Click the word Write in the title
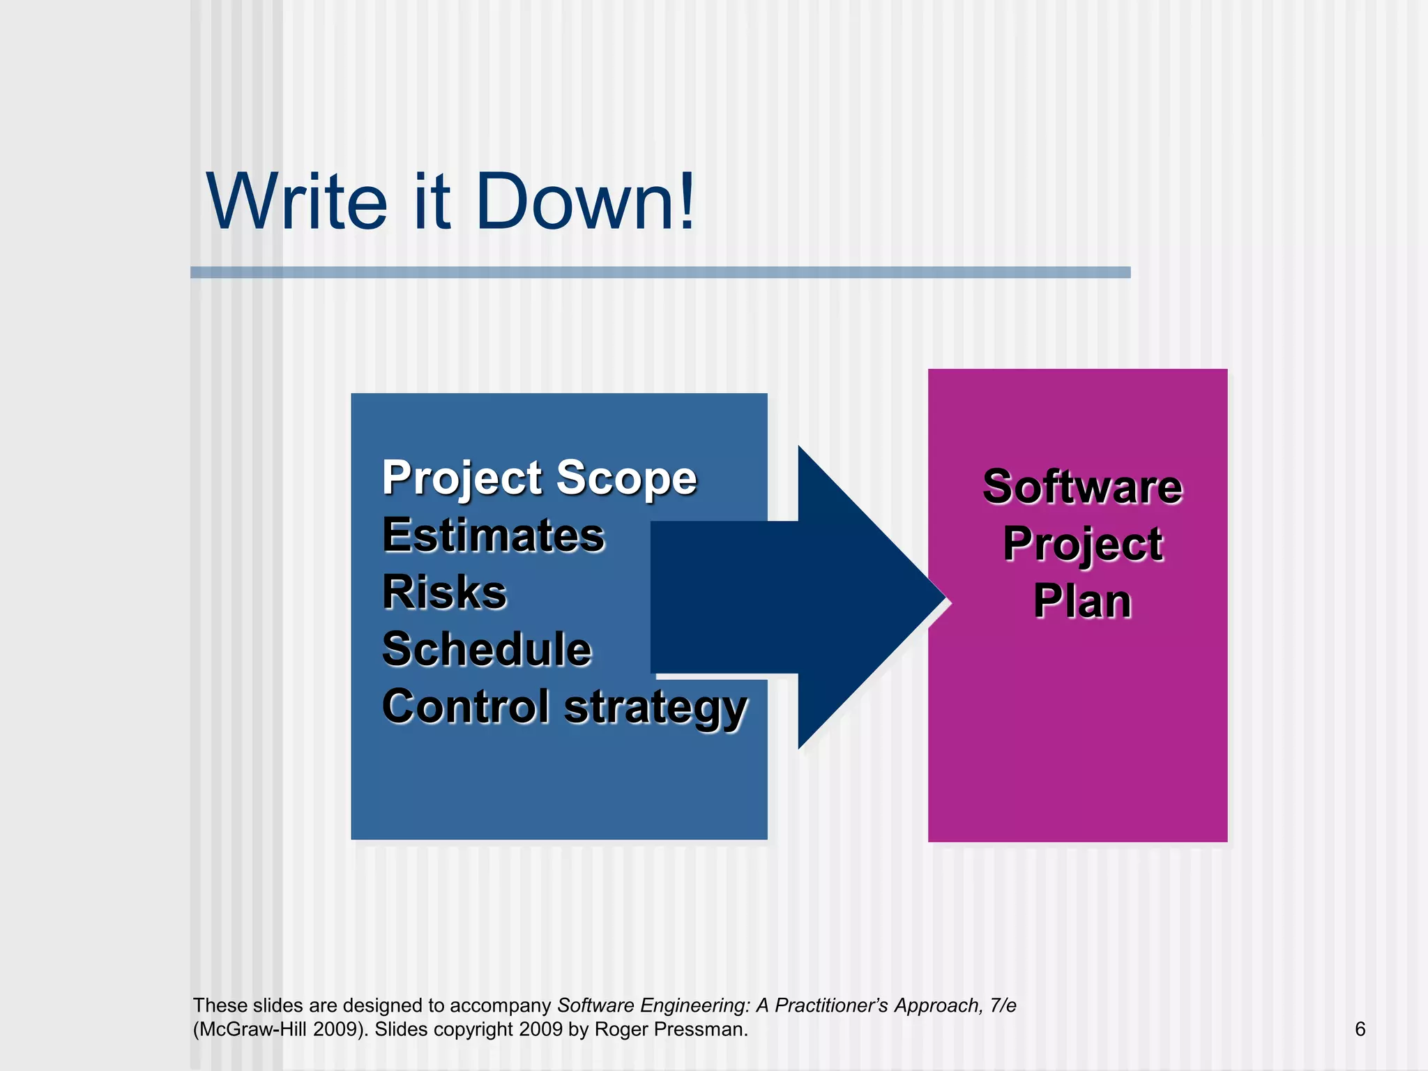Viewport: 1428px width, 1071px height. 296,202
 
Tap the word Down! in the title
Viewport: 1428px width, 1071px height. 585,202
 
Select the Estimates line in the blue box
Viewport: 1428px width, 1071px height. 493,535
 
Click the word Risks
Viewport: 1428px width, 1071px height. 444,593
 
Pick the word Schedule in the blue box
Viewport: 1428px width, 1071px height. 487,650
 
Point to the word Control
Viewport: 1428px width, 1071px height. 466,706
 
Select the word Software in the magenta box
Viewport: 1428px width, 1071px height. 1082,487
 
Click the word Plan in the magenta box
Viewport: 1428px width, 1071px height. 1082,601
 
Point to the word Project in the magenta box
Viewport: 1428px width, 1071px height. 1082,545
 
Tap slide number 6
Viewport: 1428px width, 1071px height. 1360,1029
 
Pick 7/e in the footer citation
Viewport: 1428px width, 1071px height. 1003,1005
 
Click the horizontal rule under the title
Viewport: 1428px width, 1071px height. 660,273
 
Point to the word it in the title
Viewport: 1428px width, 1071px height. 432,202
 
